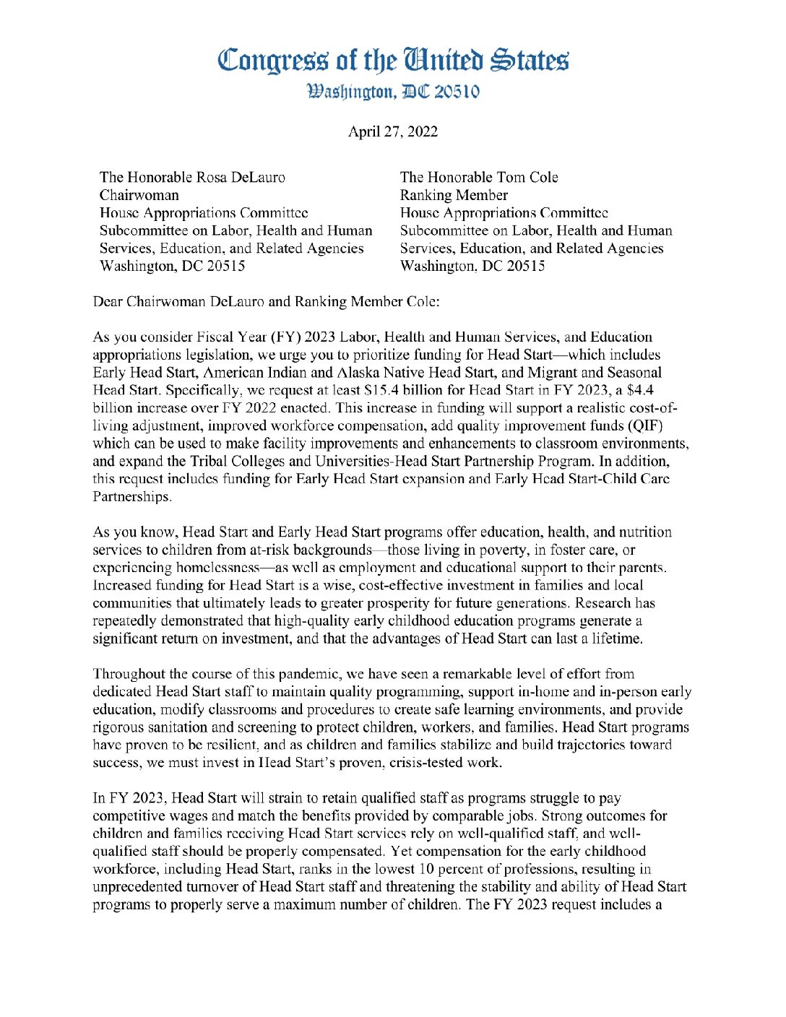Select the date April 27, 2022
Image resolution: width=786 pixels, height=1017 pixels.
[x=392, y=131]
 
